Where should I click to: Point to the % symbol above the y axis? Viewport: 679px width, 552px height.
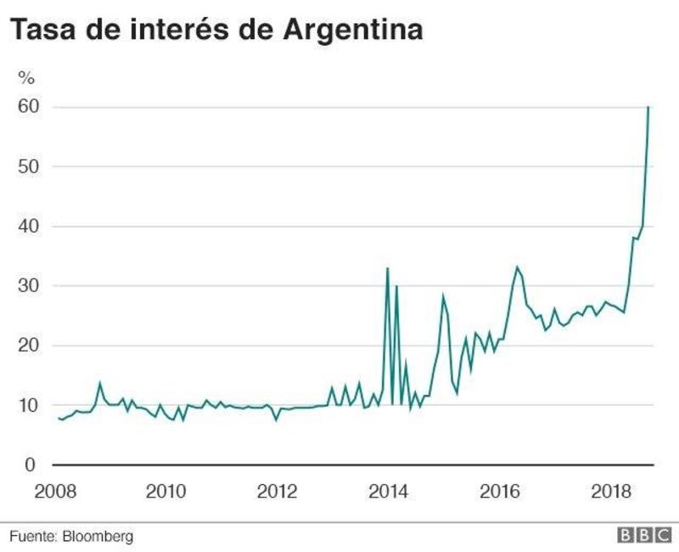[27, 78]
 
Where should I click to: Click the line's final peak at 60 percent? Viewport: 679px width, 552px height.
[648, 108]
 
